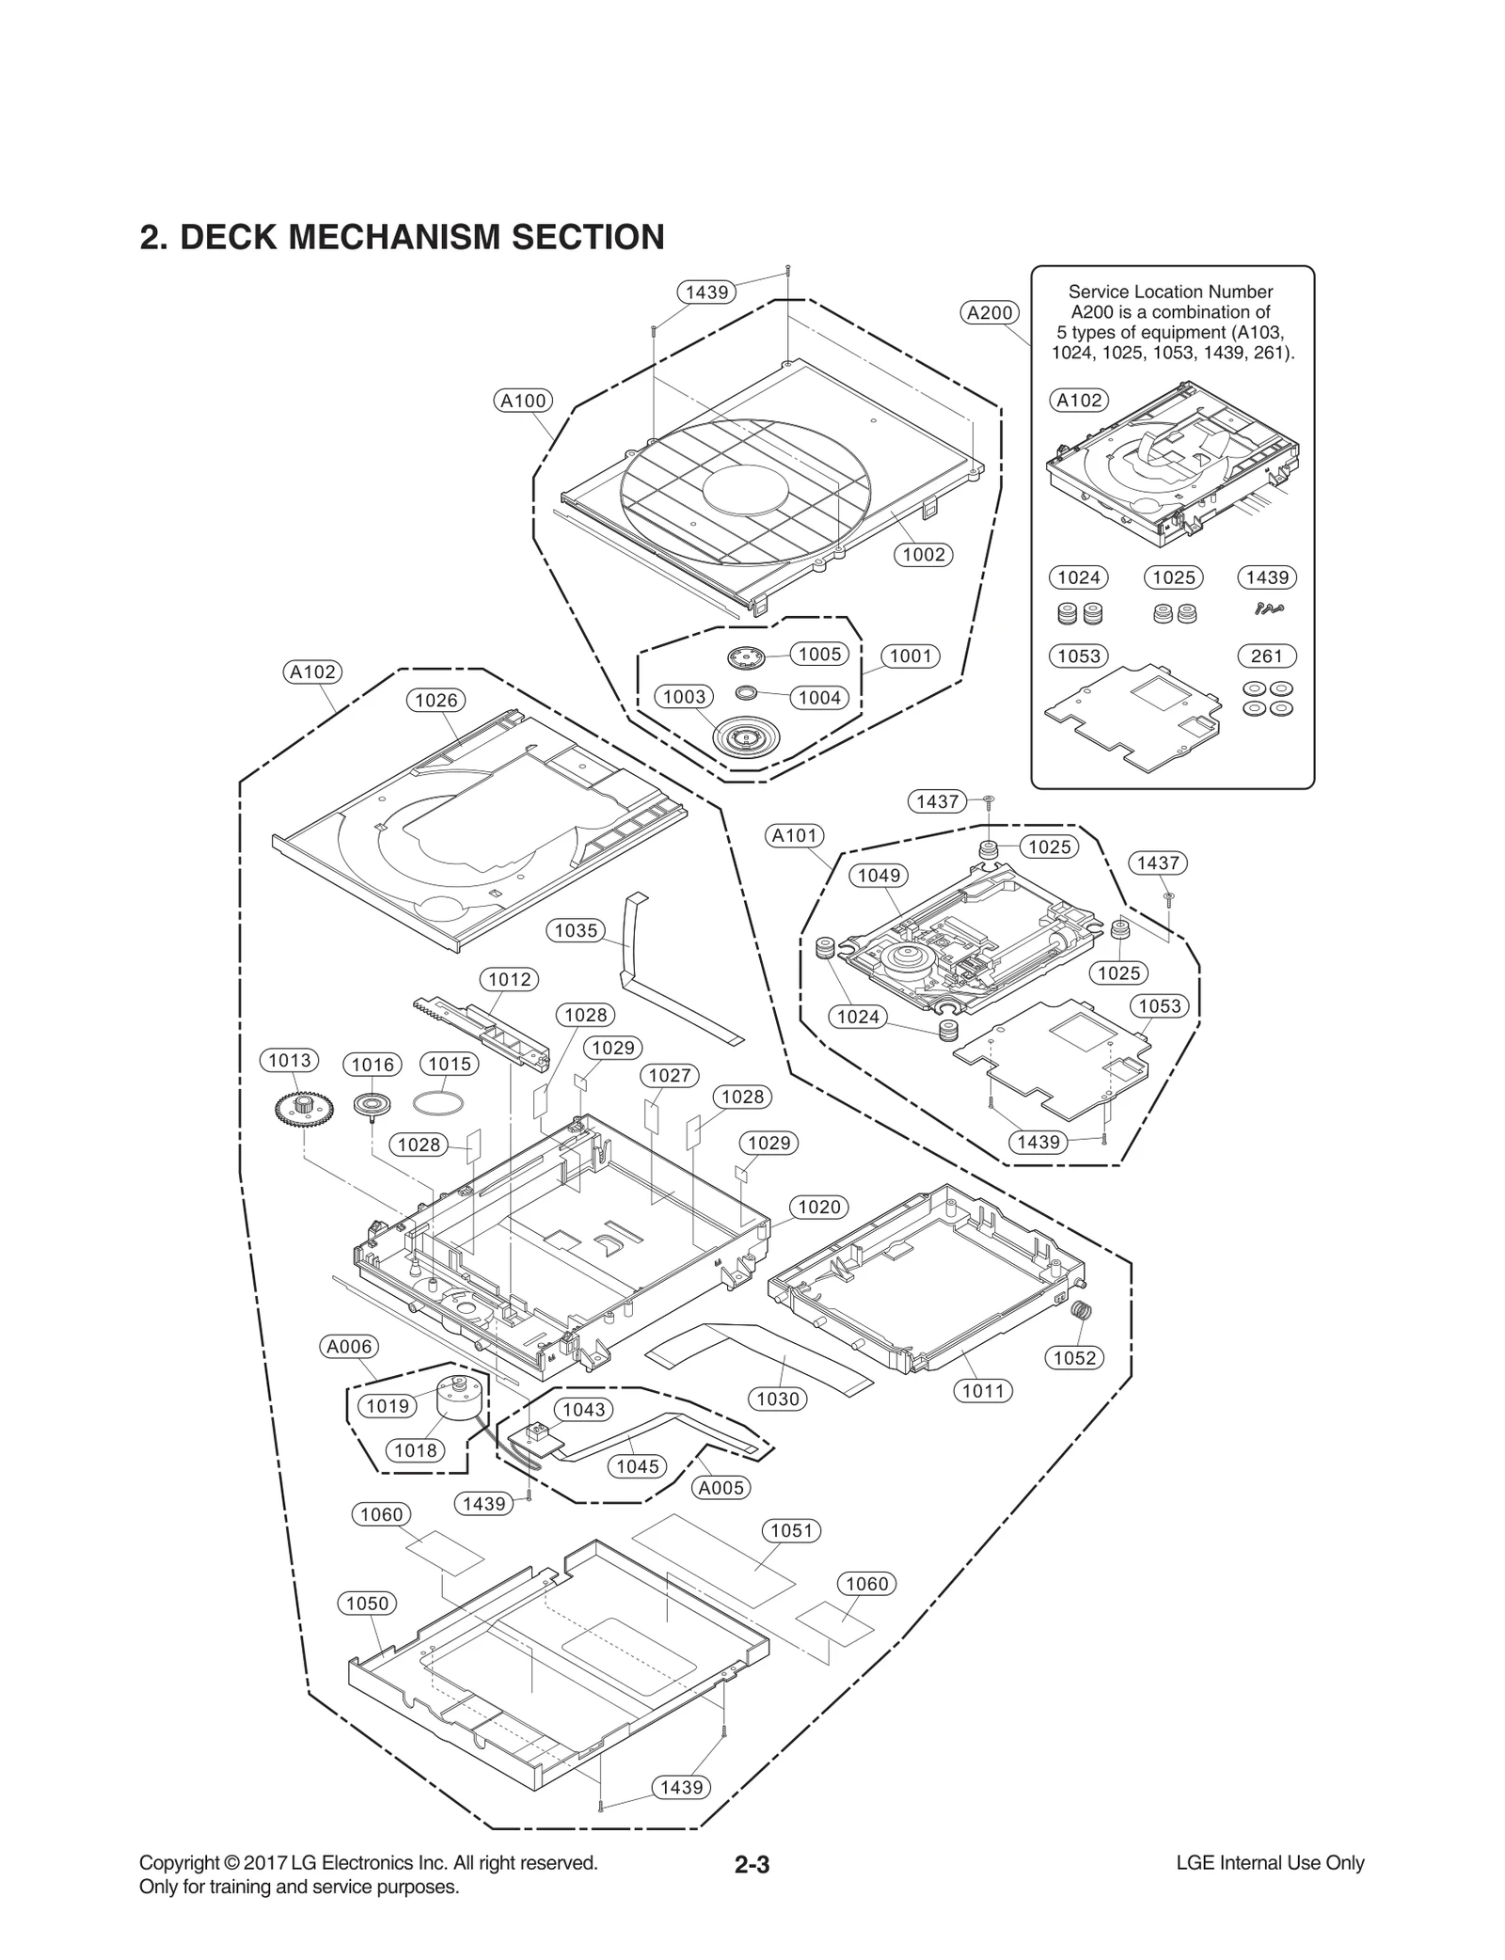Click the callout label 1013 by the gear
[290, 1061]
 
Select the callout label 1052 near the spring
[1074, 1357]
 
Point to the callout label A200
[990, 313]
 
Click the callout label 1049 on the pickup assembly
[879, 876]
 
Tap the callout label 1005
[819, 654]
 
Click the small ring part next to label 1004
[747, 693]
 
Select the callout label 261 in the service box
[1266, 656]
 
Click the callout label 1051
[791, 1530]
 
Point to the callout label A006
[349, 1347]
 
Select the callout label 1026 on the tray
[436, 700]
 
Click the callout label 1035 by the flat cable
[576, 930]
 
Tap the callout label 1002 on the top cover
[923, 555]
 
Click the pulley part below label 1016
[372, 1104]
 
